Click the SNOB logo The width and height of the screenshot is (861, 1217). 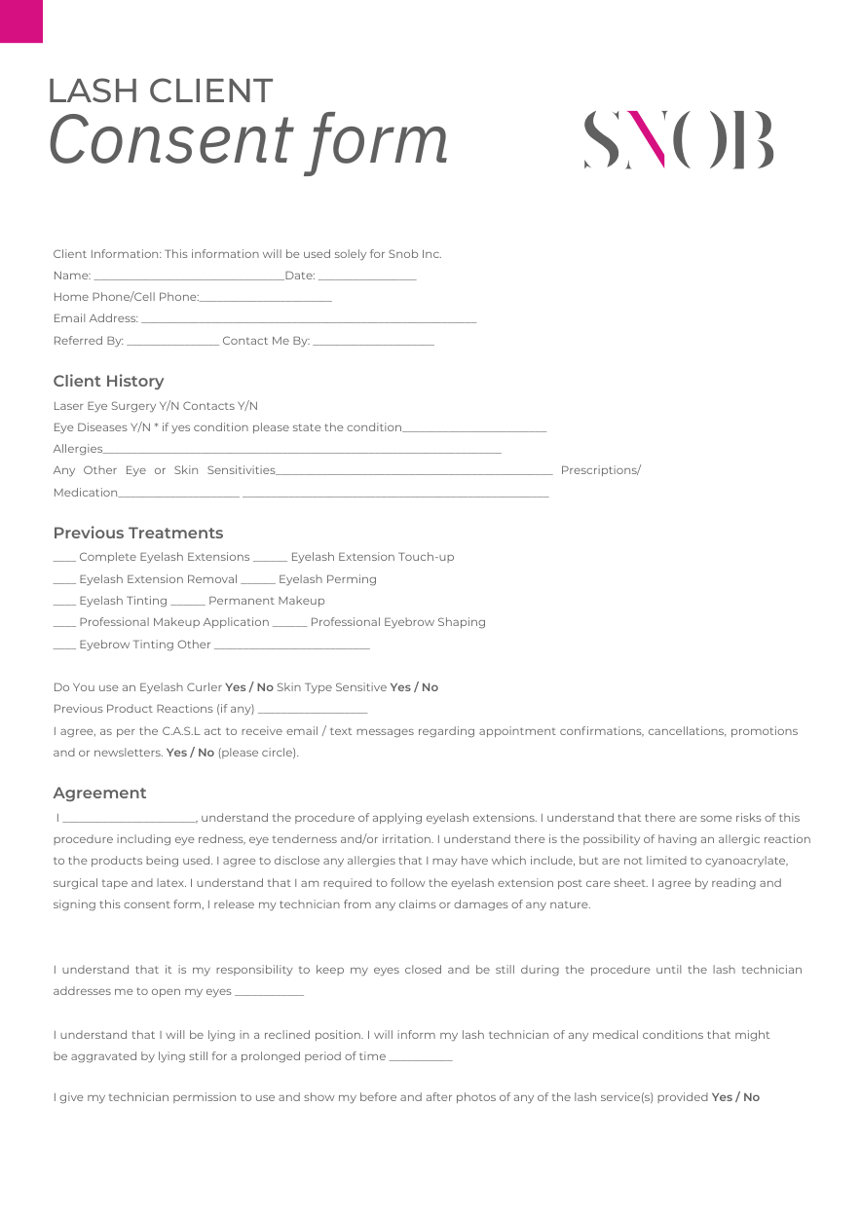[679, 140]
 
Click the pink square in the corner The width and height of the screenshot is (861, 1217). [20, 20]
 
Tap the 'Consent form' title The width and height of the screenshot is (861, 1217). [248, 139]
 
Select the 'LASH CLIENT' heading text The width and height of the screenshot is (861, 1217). [160, 91]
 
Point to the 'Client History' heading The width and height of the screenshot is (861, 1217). [108, 381]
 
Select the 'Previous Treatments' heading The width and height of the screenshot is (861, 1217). [137, 533]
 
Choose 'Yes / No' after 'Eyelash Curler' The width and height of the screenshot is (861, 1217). [249, 687]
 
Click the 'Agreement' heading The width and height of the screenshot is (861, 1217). [99, 793]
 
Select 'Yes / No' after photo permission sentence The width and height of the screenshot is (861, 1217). [735, 1097]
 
